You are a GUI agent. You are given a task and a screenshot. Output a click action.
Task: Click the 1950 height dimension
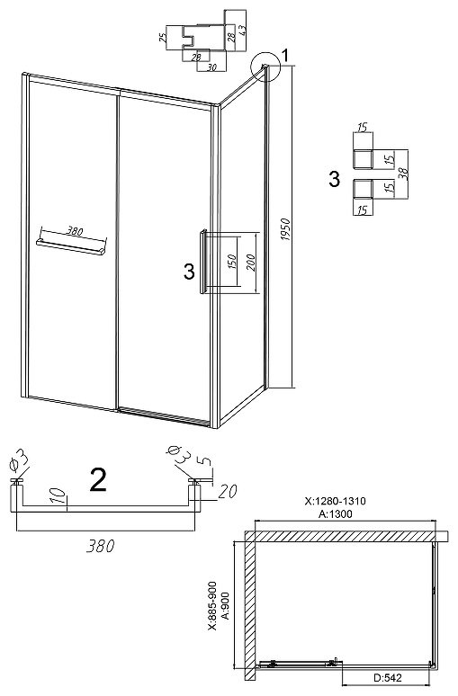tap(286, 229)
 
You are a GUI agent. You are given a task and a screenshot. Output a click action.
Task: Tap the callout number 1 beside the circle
tap(285, 56)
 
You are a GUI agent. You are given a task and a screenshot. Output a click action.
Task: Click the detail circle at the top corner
tap(265, 67)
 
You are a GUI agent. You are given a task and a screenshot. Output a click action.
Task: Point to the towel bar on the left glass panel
tap(71, 247)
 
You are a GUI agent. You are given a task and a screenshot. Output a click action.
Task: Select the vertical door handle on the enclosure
tap(203, 262)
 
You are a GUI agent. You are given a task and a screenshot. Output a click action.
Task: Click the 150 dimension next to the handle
tap(231, 262)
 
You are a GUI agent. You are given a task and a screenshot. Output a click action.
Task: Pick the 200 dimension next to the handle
tap(250, 262)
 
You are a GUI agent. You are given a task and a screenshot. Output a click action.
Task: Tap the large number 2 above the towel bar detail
tap(98, 480)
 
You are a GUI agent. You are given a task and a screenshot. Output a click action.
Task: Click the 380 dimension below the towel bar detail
tap(101, 546)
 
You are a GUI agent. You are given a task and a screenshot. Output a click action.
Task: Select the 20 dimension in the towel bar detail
tap(228, 491)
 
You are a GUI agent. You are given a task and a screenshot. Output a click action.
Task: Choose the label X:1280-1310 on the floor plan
tap(336, 501)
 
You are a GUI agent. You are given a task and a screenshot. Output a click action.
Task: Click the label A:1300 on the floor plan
tap(336, 514)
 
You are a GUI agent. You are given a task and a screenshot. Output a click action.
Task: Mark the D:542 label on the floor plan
tap(388, 678)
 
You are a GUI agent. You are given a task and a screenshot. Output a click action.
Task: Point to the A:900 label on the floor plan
tap(225, 605)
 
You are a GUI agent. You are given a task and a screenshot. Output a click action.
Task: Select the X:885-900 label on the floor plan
tap(212, 605)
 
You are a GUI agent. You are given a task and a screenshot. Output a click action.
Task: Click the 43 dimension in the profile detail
tap(243, 31)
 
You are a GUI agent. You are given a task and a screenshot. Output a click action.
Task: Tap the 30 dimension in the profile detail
tap(211, 67)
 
